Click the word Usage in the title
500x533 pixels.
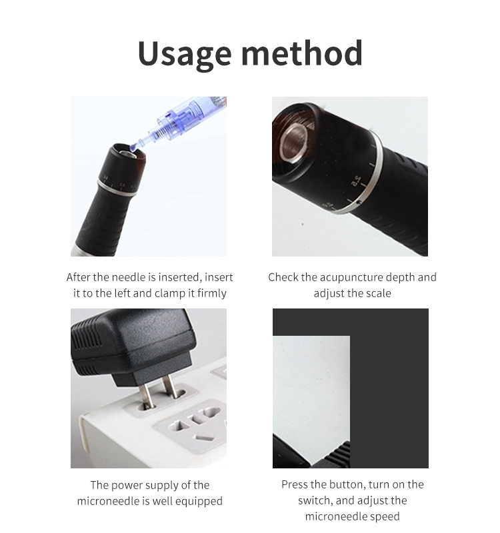[185, 55]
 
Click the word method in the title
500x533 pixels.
[302, 53]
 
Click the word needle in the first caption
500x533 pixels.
[129, 277]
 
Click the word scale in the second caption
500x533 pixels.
[379, 293]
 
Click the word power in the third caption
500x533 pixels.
[127, 486]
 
